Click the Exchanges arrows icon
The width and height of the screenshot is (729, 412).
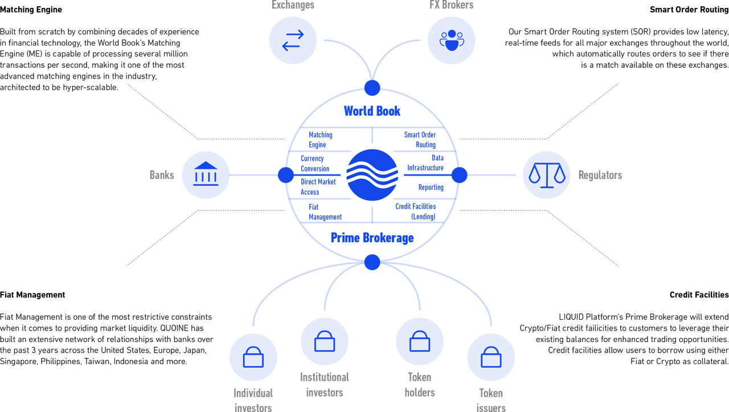293,40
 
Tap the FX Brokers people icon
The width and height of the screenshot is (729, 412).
452,40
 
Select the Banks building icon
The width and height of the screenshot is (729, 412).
206,174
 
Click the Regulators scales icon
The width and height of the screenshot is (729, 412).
547,175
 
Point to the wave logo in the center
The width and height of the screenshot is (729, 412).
372,175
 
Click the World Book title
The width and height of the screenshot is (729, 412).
372,111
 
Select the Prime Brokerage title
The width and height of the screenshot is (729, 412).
372,238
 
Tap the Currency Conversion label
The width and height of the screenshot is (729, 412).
315,164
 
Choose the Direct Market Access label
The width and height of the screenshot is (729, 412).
318,187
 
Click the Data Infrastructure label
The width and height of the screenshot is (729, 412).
425,163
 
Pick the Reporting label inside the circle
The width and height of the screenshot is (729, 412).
431,187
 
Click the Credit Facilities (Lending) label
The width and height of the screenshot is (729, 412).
416,211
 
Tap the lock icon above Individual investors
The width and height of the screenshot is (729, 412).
253,357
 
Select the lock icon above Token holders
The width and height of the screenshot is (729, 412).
420,341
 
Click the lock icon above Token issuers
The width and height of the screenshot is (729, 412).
491,357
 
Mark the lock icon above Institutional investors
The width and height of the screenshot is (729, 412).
325,341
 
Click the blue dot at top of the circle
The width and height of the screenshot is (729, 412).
372,88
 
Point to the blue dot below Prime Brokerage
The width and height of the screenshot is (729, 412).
372,262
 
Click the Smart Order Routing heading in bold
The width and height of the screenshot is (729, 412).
689,10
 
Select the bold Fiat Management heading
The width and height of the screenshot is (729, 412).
32,295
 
